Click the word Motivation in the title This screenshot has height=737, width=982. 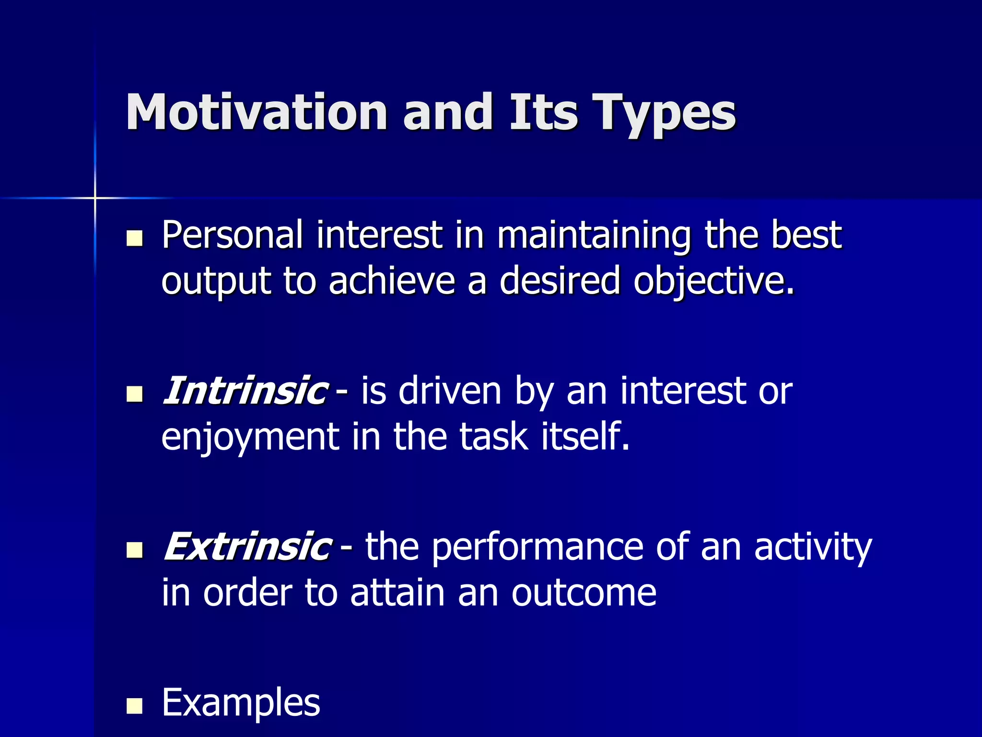(x=256, y=112)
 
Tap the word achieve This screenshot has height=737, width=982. (x=391, y=281)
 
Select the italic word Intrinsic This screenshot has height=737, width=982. (x=245, y=391)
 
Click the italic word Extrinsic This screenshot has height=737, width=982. (x=246, y=547)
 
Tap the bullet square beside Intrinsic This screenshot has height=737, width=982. (x=135, y=394)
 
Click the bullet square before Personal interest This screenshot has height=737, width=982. (x=135, y=238)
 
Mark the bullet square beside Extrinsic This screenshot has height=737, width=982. (x=135, y=550)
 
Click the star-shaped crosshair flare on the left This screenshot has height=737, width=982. (x=95, y=198)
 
